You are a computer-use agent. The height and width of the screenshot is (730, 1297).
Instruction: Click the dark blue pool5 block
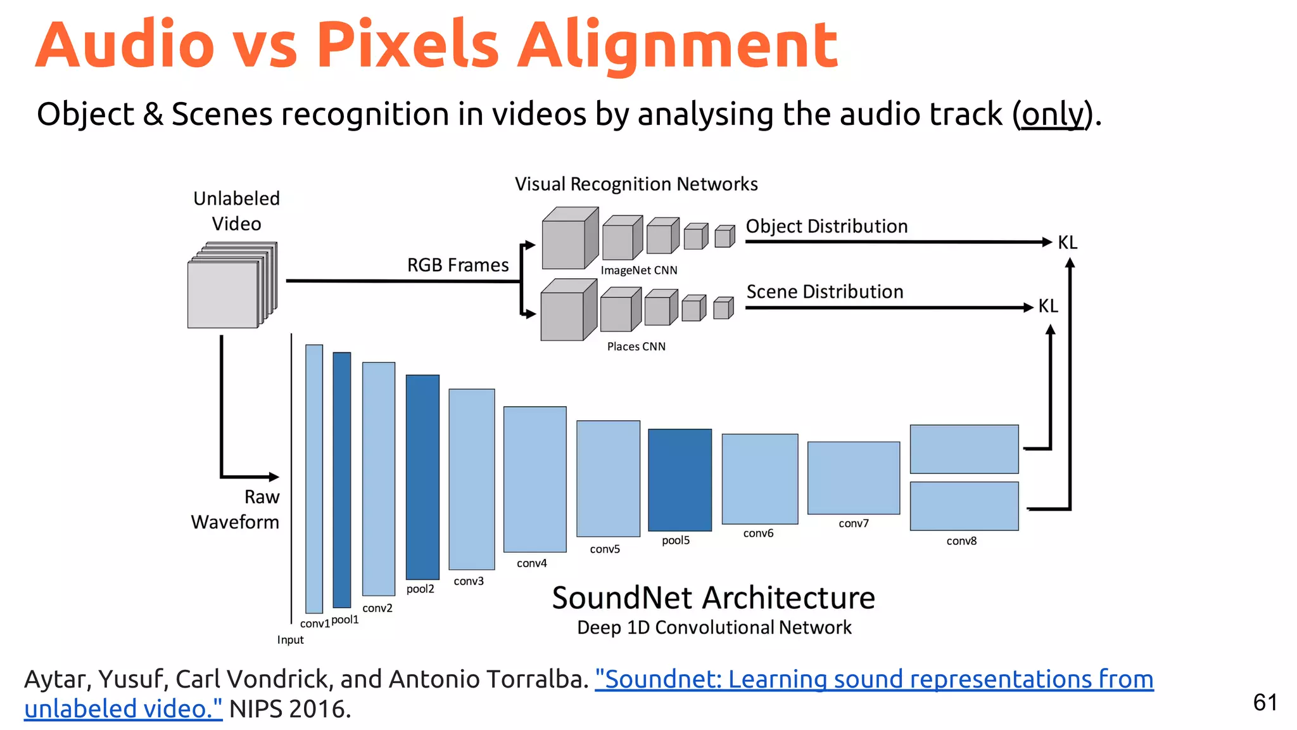[x=680, y=480]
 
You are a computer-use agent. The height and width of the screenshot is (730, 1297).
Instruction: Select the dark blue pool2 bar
[x=422, y=477]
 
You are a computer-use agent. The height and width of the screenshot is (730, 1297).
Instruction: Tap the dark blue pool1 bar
[x=341, y=480]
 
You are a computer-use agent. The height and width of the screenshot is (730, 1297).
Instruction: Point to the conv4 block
[x=535, y=479]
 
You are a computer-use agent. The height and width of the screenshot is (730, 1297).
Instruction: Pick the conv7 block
[x=853, y=478]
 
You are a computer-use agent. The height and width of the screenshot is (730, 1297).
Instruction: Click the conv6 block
[x=759, y=478]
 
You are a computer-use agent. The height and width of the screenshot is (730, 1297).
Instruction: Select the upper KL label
[x=1067, y=243]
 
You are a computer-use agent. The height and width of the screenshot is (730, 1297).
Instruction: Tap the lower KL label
[x=1047, y=307]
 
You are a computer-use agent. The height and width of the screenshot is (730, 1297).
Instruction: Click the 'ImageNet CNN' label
[x=638, y=271]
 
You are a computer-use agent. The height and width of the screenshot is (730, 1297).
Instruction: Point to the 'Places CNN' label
[x=636, y=347]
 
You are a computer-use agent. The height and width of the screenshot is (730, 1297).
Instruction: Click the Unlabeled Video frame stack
[x=231, y=286]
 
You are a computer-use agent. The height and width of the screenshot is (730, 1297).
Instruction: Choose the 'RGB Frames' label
[x=457, y=265]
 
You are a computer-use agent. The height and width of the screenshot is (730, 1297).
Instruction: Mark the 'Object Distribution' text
[x=826, y=226]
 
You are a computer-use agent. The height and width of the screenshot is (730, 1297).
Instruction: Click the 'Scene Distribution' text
[x=825, y=291]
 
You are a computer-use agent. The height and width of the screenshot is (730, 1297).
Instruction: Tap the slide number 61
[x=1265, y=702]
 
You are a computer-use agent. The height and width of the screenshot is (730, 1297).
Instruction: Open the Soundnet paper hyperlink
[x=874, y=679]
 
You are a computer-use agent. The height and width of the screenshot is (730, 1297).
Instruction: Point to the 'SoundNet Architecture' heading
[x=713, y=598]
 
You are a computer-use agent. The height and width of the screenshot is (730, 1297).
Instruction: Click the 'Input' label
[x=290, y=640]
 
